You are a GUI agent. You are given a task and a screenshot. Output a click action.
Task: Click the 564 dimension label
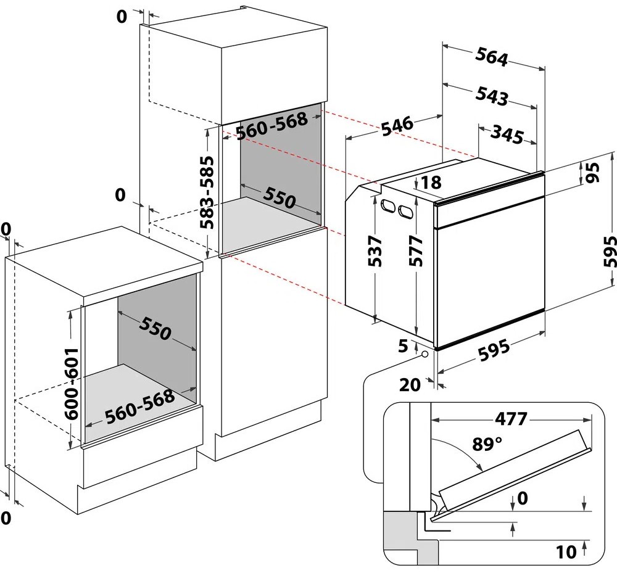[492, 57]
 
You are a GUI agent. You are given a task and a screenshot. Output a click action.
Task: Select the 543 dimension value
[492, 96]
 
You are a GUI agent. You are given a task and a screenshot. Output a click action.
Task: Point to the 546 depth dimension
[397, 126]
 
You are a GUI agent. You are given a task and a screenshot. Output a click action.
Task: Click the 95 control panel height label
[592, 172]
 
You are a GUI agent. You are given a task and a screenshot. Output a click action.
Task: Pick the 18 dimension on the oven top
[431, 183]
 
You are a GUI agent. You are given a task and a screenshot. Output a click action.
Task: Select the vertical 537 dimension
[375, 251]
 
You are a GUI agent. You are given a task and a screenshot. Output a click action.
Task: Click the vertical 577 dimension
[415, 251]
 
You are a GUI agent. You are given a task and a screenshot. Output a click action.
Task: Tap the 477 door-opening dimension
[511, 419]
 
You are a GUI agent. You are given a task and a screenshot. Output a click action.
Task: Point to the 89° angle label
[487, 444]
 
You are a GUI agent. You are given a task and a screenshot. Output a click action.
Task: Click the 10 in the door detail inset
[566, 552]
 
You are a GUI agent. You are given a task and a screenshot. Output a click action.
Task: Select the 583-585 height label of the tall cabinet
[207, 192]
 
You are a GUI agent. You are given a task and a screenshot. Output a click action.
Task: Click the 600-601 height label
[72, 384]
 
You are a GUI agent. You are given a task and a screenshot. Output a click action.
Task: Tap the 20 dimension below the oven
[410, 385]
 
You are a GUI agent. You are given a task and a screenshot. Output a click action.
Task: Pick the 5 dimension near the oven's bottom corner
[404, 346]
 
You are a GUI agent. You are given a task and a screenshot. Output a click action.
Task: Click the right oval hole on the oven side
[406, 211]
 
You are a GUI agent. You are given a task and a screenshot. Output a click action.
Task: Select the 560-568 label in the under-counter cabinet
[140, 406]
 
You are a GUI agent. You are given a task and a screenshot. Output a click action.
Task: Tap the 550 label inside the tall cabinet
[280, 197]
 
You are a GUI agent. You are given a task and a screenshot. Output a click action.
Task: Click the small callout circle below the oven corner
[424, 354]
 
